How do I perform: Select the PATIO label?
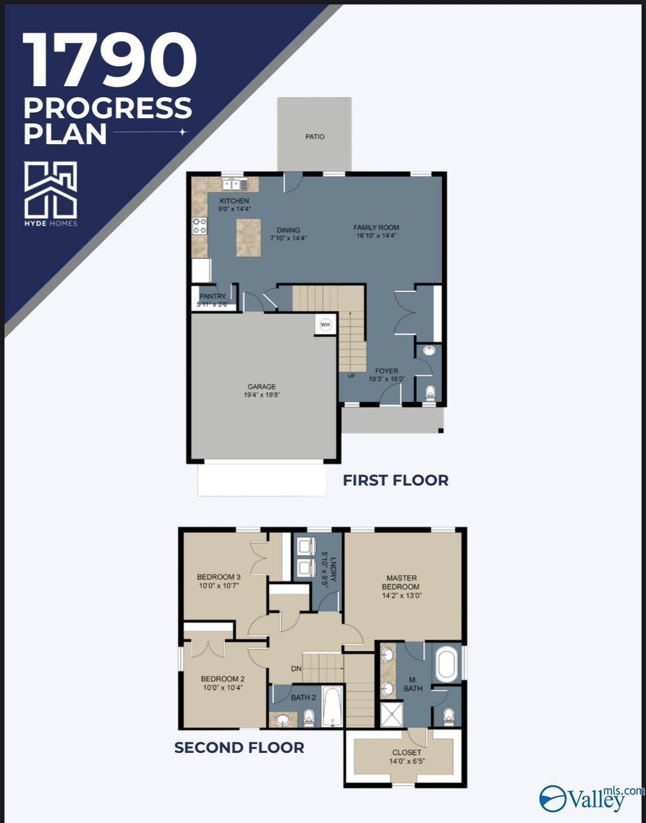tap(315, 136)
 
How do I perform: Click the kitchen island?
tap(248, 238)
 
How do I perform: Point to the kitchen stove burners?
tap(199, 225)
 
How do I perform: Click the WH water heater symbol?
tap(325, 325)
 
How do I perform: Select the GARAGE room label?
tap(261, 387)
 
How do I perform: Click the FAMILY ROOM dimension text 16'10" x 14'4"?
tap(377, 236)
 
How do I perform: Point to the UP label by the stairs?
tap(351, 376)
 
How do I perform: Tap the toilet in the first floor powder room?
tap(431, 393)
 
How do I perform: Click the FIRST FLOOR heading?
tap(395, 480)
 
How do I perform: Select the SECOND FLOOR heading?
tap(239, 747)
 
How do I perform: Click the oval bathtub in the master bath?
tap(446, 665)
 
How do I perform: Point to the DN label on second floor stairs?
tap(296, 669)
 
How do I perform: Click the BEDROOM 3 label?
tap(219, 577)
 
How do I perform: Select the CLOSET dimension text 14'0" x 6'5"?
tap(407, 761)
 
